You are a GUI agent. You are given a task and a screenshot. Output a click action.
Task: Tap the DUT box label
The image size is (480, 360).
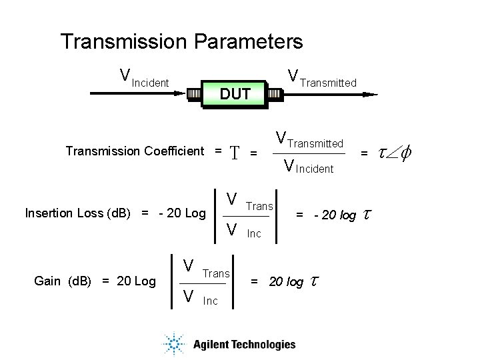pos(235,94)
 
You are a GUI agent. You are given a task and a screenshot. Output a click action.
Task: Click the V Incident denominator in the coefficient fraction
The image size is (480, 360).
pos(309,167)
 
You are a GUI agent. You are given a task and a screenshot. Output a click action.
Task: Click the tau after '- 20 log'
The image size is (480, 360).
pos(366,215)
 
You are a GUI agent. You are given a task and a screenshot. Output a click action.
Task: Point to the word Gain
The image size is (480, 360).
pos(48,281)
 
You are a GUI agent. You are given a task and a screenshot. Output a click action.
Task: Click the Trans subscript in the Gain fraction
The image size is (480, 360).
pos(215,273)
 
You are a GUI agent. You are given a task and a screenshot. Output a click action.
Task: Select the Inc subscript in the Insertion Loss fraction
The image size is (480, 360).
pos(254,233)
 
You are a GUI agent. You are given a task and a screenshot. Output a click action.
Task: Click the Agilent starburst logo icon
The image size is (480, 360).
pos(173,344)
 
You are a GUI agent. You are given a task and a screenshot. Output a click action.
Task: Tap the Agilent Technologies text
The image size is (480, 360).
pos(244,345)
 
